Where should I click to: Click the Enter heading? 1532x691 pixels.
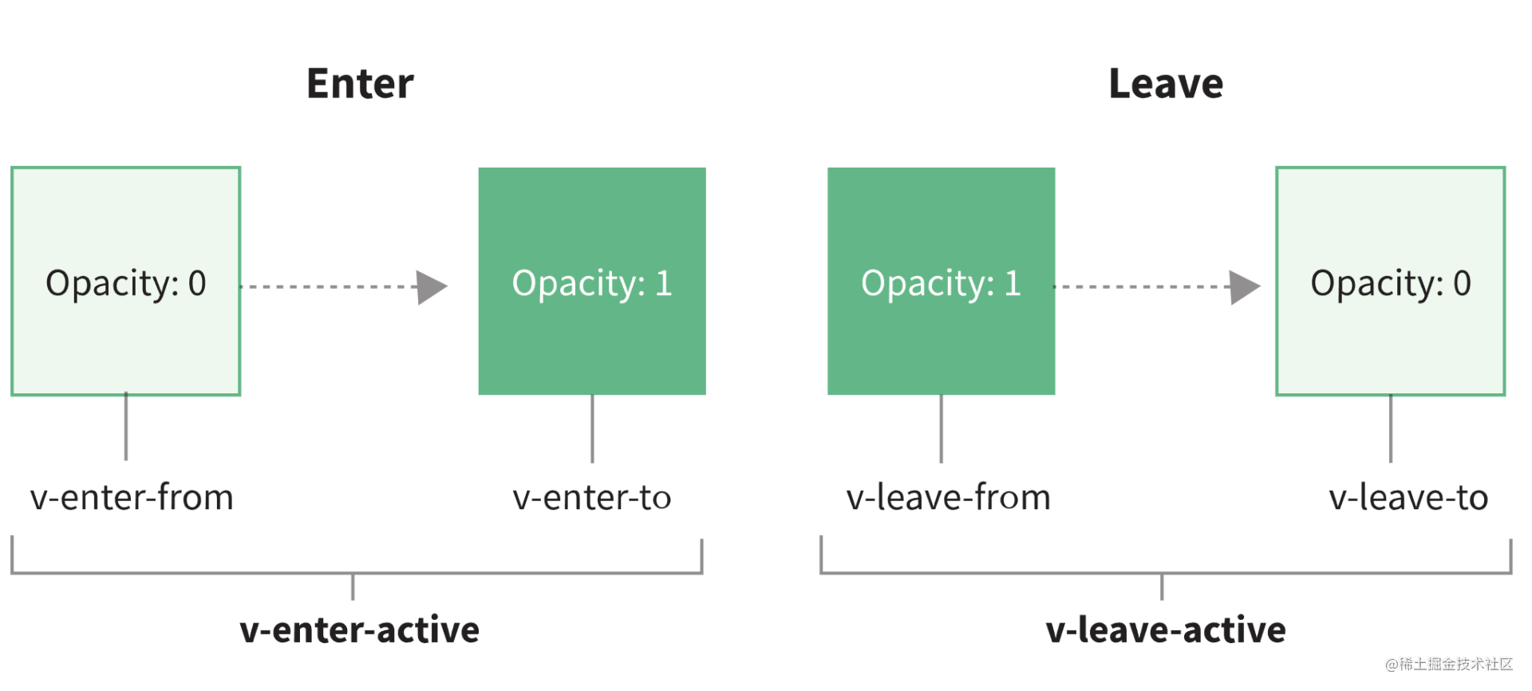tap(360, 84)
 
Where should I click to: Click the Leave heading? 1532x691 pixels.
tap(1166, 84)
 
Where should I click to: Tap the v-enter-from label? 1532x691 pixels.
tap(132, 497)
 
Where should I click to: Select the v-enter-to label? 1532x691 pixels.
tap(592, 497)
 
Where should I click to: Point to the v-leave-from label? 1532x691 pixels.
tap(948, 497)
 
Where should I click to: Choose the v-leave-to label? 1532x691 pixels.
tap(1408, 497)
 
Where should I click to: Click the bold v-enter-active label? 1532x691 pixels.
tap(360, 630)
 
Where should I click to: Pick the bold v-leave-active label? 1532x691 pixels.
tap(1166, 630)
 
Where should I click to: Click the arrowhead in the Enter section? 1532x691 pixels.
tap(432, 287)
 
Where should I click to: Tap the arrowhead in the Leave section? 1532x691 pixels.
tap(1245, 287)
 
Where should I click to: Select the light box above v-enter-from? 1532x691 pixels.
tap(126, 281)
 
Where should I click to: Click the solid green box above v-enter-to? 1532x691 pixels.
tap(592, 281)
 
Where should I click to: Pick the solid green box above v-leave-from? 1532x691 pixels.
tap(942, 281)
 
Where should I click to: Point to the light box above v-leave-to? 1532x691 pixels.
tap(1391, 281)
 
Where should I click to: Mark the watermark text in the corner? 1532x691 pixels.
tap(1449, 664)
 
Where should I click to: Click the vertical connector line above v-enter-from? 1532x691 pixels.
tap(126, 427)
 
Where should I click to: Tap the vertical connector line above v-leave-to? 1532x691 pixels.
tap(1391, 428)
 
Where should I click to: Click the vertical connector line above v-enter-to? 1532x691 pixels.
tap(592, 428)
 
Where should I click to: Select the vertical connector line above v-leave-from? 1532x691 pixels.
tap(942, 428)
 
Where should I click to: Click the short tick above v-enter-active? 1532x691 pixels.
tap(353, 586)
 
